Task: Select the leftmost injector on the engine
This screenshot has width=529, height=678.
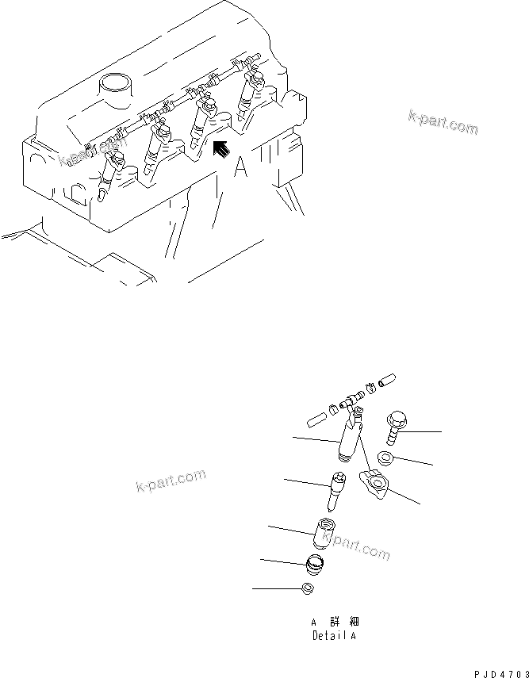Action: (109, 170)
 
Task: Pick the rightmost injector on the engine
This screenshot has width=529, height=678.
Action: (254, 91)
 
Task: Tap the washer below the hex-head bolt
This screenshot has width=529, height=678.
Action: (386, 458)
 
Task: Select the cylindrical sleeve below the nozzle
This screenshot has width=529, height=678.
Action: (324, 534)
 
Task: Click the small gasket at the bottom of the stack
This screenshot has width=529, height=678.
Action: (311, 588)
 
